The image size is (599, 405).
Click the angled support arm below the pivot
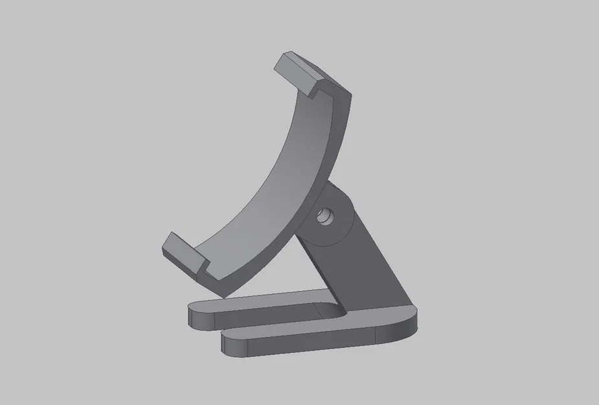(363, 266)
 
